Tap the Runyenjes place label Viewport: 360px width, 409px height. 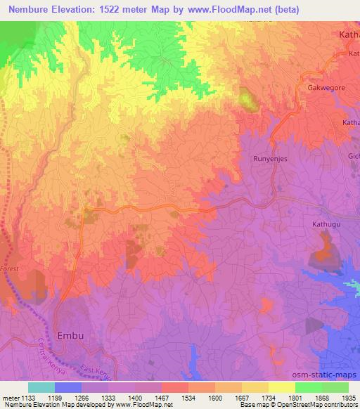tap(269, 160)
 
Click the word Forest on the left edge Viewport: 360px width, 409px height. tap(11, 269)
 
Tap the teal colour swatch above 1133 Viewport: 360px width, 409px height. tap(41, 387)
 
